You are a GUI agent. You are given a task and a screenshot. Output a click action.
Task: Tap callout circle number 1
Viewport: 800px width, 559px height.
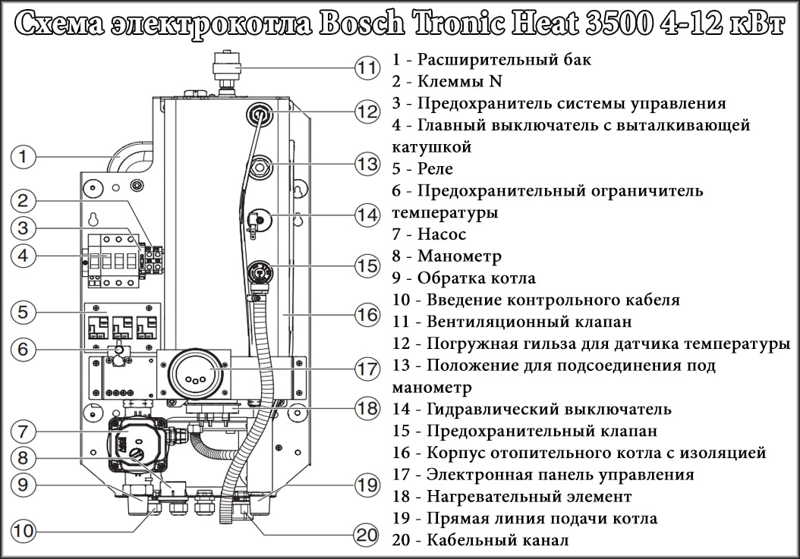pos(24,158)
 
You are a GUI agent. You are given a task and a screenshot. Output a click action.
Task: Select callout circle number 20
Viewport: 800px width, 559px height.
pos(367,535)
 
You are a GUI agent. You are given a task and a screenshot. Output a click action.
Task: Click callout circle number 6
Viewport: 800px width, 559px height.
pos(24,350)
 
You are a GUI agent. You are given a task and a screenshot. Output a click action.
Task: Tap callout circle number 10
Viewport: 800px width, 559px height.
pos(24,531)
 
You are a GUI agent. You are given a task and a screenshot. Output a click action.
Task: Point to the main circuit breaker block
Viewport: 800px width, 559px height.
pos(114,260)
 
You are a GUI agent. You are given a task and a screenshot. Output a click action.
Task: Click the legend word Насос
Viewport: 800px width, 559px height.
pos(441,234)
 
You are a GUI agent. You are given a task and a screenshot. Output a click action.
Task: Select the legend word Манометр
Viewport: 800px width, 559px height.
pos(459,256)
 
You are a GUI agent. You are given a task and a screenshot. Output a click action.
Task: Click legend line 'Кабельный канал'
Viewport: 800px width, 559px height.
pos(497,541)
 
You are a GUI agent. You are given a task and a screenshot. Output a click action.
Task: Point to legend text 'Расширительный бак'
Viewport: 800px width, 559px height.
pos(504,59)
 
